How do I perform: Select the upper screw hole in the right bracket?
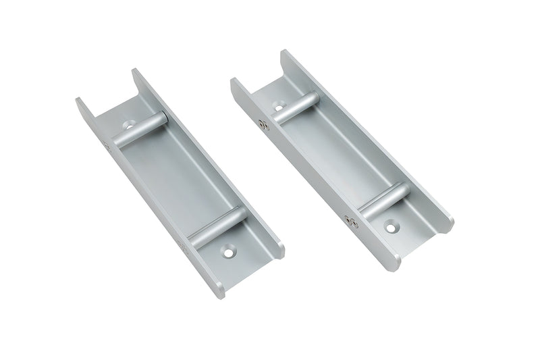pos(279,106)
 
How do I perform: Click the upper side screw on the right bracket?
pos(263,124)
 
